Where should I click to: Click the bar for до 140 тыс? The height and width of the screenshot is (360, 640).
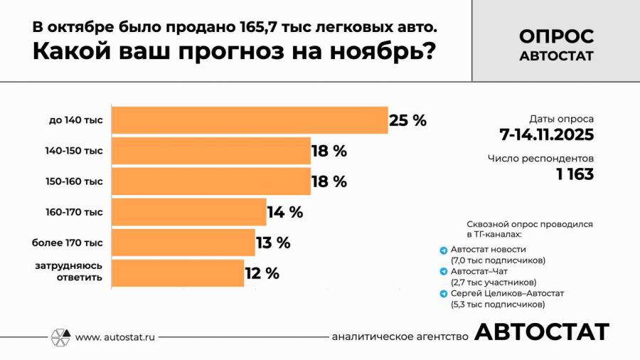coord(250,120)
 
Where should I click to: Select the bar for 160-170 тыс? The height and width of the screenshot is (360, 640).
coord(189,212)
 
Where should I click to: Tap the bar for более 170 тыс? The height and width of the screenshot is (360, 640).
coord(183,243)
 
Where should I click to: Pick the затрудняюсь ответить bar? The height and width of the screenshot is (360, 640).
coord(178,272)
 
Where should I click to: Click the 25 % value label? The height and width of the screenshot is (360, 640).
coord(407,120)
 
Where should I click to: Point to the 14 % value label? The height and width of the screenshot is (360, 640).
coord(284,212)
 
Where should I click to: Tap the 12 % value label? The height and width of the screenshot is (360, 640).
coord(262,273)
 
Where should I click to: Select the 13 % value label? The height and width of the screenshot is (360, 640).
coord(273,243)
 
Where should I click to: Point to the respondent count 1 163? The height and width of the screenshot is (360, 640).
coord(575,174)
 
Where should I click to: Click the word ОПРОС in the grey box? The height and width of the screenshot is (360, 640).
coord(556,36)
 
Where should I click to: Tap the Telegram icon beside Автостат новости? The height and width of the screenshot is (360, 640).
coord(444,250)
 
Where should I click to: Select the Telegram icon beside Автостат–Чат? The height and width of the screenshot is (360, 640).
coord(444,272)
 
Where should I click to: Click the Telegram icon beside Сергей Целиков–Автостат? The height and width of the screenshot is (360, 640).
coord(444,294)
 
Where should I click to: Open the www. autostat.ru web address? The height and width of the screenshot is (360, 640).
coord(115,337)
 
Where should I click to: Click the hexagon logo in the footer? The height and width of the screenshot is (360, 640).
coord(60,337)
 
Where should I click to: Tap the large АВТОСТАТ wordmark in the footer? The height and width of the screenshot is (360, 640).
coord(541,332)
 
